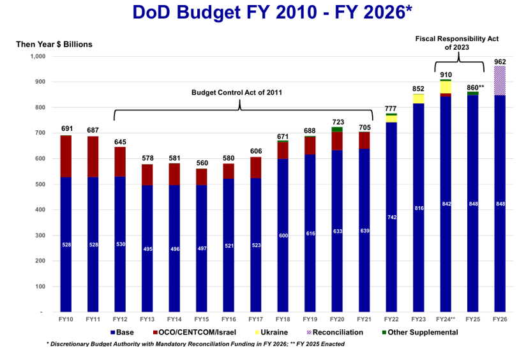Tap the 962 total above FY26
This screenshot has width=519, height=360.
pyautogui.click(x=500, y=61)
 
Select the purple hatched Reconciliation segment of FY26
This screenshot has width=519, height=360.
pyautogui.click(x=500, y=80)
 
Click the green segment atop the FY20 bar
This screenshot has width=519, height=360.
pyautogui.click(x=336, y=130)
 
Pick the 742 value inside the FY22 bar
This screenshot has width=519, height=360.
pyautogui.click(x=391, y=218)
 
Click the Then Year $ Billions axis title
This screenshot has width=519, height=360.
pyautogui.click(x=54, y=44)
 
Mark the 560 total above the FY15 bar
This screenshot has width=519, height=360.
pyautogui.click(x=202, y=163)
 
